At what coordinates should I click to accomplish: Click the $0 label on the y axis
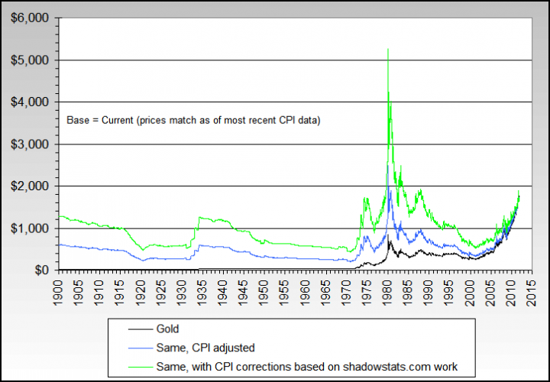[40, 270]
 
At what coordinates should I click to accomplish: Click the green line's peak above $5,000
[389, 50]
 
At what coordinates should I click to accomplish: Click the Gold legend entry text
[169, 329]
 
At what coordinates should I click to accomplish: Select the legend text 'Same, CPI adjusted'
[197, 347]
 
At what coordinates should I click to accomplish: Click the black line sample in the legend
[134, 329]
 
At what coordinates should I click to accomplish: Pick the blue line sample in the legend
[134, 347]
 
